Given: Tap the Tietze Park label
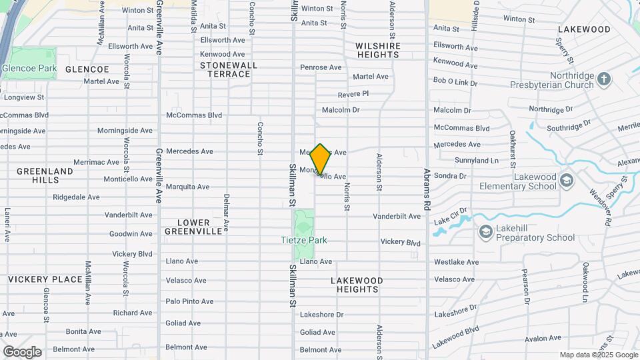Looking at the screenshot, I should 303,240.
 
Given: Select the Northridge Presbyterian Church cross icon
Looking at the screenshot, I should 603,79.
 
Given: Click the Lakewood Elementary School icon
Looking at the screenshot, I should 566,180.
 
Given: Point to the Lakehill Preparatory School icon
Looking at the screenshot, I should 485,231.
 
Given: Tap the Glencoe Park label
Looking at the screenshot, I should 29,69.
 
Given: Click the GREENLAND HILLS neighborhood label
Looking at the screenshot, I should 45,176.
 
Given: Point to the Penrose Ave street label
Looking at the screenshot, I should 321,67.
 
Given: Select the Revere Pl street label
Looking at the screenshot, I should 353,94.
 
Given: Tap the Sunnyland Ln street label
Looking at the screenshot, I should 476,161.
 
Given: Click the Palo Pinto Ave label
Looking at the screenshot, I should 189,301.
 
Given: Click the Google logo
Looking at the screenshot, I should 22,351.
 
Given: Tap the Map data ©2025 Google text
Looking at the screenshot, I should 598,355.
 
